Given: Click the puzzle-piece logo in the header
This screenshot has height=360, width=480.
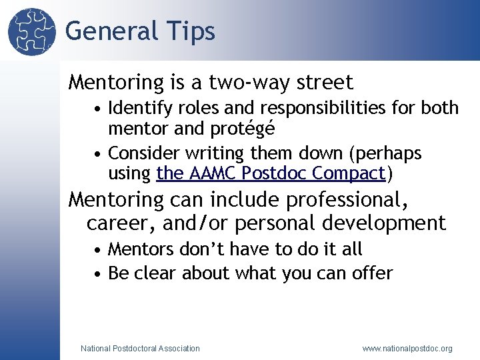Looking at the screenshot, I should (31, 31).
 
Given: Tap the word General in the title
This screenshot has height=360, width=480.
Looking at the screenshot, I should (111, 31).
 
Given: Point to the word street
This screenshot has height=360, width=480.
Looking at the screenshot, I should (321, 83).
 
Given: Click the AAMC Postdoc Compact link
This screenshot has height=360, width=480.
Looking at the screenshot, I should (271, 174).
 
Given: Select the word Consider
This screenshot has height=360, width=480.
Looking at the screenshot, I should (141, 153).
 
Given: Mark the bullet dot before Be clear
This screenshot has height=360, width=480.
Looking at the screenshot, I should (98, 274).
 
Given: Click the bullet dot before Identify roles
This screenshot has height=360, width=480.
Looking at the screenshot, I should (98, 108).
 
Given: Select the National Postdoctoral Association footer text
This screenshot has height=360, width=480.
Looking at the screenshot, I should (139, 348).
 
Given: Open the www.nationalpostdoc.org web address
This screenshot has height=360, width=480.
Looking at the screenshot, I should (407, 348).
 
